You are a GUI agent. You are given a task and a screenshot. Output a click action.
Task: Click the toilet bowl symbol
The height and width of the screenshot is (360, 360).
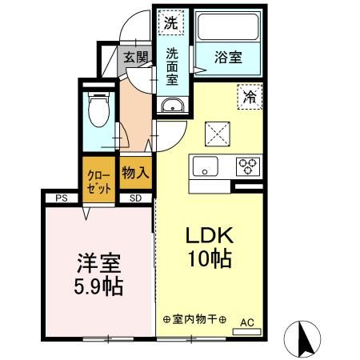tap(99, 110)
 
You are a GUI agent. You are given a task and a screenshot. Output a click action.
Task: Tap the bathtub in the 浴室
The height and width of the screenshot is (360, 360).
tap(228, 27)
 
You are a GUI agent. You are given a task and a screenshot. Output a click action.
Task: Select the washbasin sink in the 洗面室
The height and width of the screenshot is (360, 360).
tap(172, 105)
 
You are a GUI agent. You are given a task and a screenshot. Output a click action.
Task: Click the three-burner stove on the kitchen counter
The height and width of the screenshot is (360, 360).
tap(248, 166)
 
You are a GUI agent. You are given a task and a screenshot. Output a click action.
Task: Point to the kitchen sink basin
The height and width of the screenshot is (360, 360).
tap(206, 166)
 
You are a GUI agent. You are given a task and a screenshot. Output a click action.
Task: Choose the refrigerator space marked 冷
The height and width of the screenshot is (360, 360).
tap(250, 97)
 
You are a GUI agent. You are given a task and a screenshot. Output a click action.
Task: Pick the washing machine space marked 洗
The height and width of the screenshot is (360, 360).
tap(170, 22)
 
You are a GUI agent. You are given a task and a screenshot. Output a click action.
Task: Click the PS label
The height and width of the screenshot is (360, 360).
tap(62, 198)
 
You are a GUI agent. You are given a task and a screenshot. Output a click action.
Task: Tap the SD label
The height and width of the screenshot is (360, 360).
tap(135, 198)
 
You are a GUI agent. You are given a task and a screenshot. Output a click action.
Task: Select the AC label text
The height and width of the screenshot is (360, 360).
tap(247, 322)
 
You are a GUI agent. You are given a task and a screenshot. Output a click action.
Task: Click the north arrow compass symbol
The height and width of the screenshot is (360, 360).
tap(302, 338)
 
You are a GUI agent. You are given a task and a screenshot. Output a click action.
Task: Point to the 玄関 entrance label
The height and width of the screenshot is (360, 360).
tap(135, 57)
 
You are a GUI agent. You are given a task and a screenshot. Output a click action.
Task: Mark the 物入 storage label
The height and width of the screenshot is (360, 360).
tap(135, 173)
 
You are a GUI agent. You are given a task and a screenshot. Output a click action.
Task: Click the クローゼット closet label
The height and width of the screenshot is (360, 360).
tap(99, 182)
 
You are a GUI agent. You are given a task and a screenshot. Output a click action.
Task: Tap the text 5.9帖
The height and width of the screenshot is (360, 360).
tap(98, 287)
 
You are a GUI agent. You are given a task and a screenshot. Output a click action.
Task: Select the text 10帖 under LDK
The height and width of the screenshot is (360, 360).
tap(210, 258)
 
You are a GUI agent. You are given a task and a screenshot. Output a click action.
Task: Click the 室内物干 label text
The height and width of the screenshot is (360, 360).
tap(194, 319)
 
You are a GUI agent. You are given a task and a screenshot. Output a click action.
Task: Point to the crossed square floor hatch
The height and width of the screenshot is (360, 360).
tap(218, 134)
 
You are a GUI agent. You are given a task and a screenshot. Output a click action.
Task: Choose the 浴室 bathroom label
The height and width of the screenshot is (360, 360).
tap(228, 57)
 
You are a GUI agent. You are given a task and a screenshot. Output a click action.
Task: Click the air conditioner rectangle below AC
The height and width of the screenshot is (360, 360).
tap(246, 332)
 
